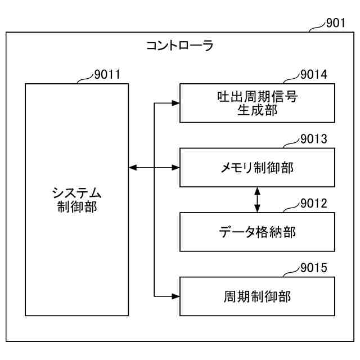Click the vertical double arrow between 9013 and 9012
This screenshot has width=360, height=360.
[x=257, y=200]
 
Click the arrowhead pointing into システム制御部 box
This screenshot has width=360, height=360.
[x=133, y=167]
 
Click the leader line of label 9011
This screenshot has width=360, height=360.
[x=84, y=79]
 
